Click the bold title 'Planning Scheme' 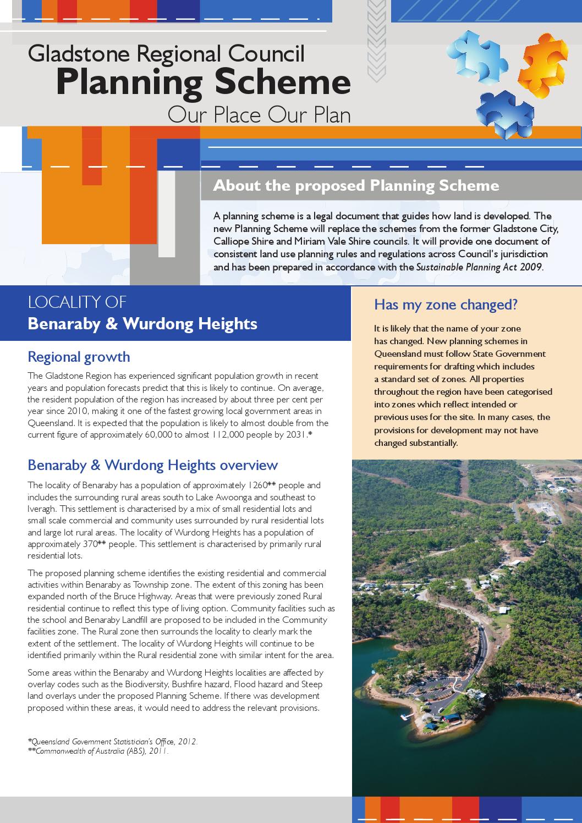tap(203, 82)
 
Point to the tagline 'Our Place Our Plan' tap(259, 115)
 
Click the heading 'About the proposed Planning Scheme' tap(356, 186)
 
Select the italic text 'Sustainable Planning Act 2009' tap(479, 268)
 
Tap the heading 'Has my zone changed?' tap(446, 305)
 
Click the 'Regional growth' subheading tap(79, 357)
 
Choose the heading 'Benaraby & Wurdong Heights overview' tap(152, 465)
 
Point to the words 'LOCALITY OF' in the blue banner tap(77, 302)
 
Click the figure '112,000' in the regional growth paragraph tap(227, 435)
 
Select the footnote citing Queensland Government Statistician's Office tap(113, 742)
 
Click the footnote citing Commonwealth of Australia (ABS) tap(98, 751)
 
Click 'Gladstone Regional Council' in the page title tap(166, 54)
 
